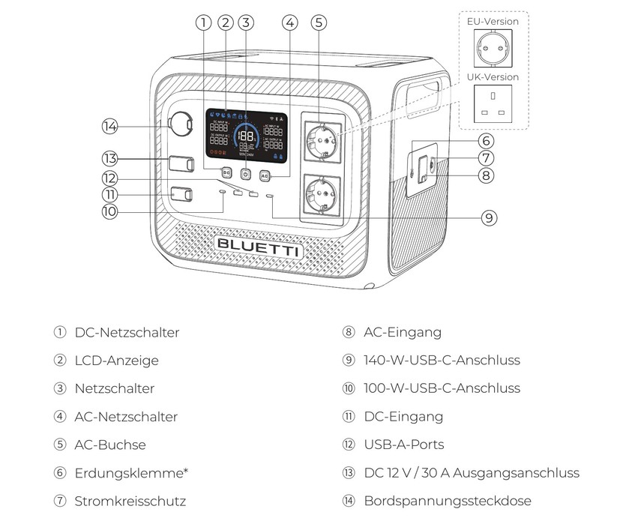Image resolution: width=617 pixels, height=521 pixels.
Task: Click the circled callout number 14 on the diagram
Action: [110, 127]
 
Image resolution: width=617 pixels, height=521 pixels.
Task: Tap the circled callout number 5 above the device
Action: [319, 22]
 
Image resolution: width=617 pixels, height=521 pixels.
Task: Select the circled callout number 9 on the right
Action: [489, 217]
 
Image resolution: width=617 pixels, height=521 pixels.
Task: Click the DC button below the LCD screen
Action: [226, 172]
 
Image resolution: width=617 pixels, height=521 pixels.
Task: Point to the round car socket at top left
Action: [181, 124]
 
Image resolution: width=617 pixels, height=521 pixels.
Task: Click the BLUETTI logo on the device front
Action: [258, 247]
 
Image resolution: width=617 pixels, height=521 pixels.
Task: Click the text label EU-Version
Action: [493, 21]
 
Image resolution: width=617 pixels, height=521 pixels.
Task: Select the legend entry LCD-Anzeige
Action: [116, 361]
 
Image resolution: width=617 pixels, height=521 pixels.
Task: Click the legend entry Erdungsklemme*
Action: [131, 473]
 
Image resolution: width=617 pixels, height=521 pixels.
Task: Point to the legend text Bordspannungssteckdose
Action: [448, 501]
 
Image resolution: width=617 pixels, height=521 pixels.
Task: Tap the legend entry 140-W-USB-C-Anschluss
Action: [442, 361]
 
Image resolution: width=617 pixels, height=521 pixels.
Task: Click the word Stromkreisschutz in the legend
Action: [130, 501]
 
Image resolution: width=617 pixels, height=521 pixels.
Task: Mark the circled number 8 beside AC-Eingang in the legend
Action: [349, 332]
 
